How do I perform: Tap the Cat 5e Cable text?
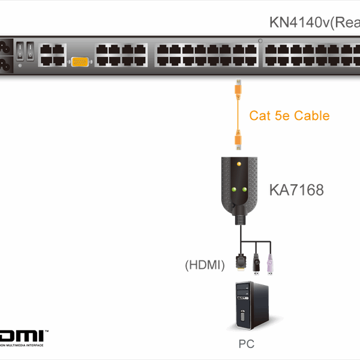click(x=289, y=115)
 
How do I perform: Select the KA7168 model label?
click(x=296, y=191)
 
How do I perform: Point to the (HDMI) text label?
click(x=205, y=263)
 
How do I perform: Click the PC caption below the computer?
click(x=246, y=344)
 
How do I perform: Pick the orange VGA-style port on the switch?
click(x=81, y=61)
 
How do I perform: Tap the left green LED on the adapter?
click(x=233, y=191)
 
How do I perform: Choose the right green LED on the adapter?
click(x=245, y=191)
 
